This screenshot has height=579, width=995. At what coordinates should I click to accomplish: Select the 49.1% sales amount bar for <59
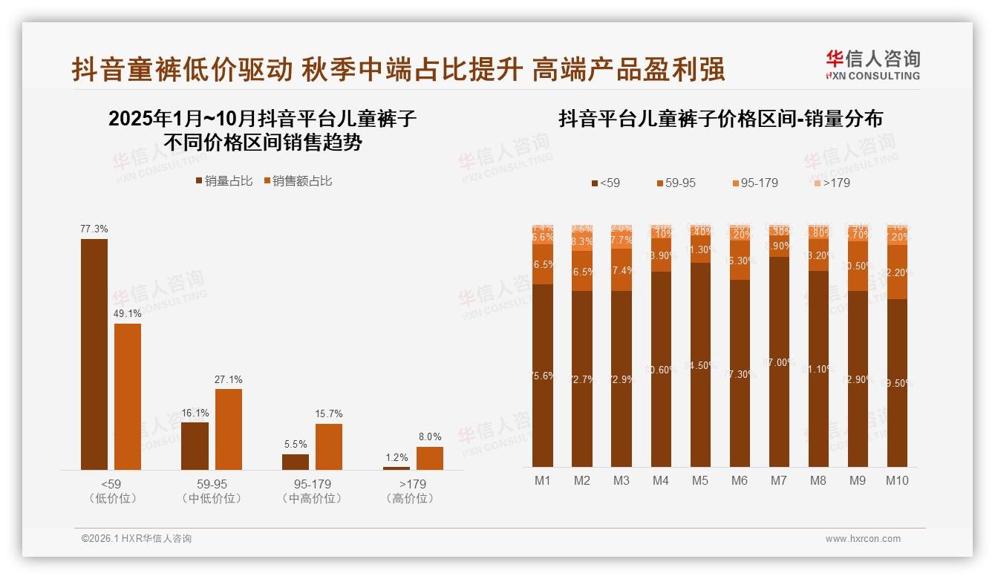[128, 396]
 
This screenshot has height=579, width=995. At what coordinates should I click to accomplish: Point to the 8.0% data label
[429, 437]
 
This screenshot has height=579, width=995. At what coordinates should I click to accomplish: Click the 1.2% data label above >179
[397, 457]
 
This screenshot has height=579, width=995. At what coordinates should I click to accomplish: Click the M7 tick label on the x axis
[778, 480]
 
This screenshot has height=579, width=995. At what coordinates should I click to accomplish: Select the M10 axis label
[897, 480]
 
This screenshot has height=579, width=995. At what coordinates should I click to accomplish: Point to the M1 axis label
[543, 480]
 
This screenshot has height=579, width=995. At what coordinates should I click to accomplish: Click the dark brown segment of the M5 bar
[700, 364]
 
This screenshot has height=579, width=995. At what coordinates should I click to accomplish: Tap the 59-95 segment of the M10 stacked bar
[897, 272]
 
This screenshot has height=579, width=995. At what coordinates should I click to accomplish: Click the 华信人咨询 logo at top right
[872, 65]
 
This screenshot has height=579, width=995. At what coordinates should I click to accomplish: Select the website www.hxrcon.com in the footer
[863, 539]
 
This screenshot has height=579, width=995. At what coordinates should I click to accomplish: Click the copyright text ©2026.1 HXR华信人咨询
[137, 539]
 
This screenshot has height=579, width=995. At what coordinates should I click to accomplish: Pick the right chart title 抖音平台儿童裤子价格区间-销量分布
[720, 119]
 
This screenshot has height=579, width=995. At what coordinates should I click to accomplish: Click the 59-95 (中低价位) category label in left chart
[212, 491]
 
